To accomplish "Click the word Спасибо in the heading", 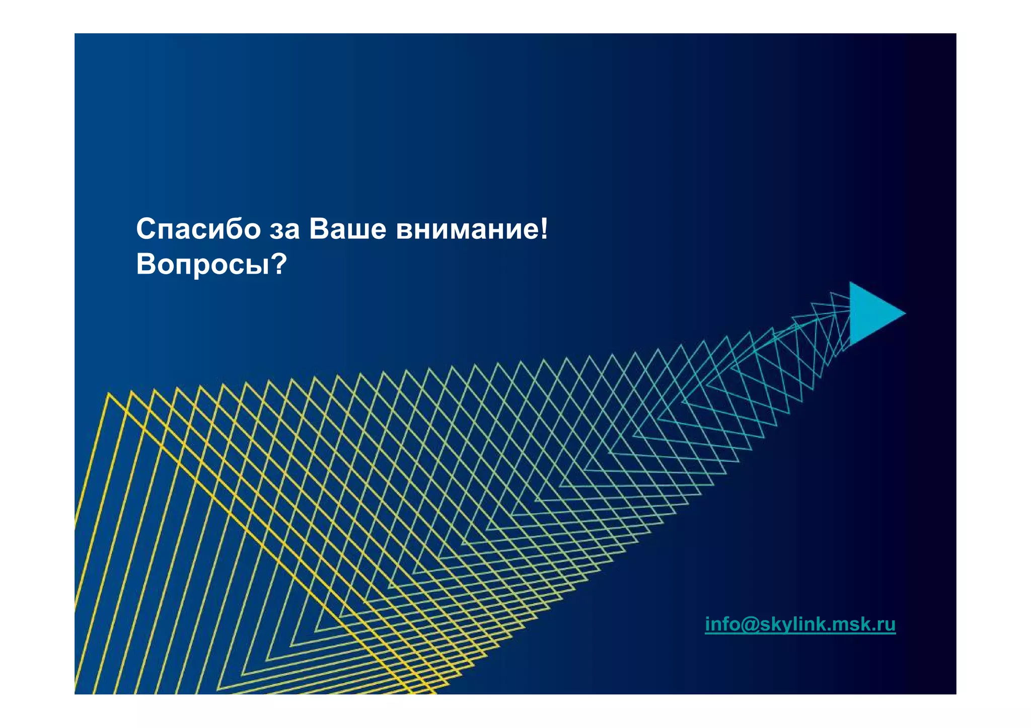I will coord(198,229).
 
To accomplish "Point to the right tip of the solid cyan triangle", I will coord(905,313).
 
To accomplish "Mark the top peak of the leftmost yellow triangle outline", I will coord(109,393).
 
